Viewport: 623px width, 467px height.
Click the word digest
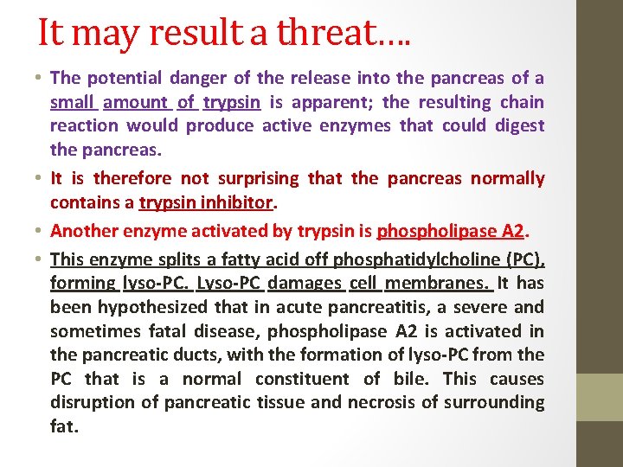coord(519,125)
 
